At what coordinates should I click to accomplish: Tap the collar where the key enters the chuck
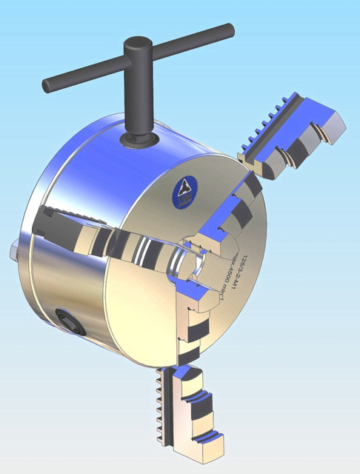point(139,138)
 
